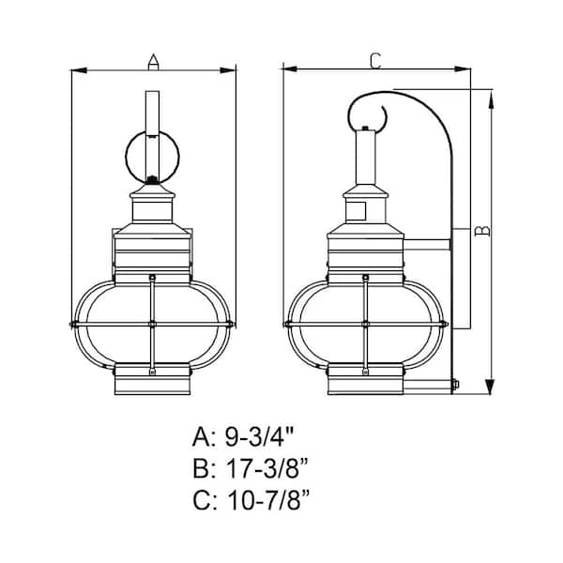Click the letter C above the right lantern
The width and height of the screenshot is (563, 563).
(x=375, y=61)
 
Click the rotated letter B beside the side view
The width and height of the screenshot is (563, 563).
(x=482, y=231)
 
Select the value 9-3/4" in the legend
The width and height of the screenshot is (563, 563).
(x=260, y=436)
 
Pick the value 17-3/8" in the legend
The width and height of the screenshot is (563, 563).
(x=267, y=468)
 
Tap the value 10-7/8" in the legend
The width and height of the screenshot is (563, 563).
(x=268, y=500)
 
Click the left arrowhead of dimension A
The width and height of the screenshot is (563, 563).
(x=79, y=70)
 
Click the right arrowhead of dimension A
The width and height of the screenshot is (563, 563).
(x=228, y=70)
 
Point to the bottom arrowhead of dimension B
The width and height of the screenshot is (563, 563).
(x=490, y=387)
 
